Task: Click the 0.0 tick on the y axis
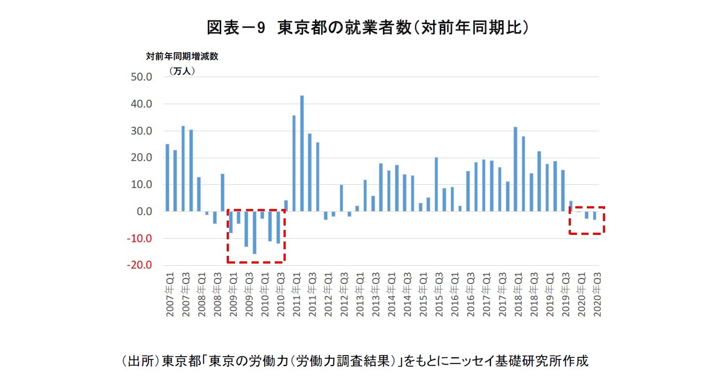[142, 212]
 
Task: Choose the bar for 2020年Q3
[595, 216]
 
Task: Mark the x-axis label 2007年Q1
[170, 298]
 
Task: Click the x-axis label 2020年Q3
[597, 298]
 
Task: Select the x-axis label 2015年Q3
[439, 298]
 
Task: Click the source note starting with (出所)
[354, 362]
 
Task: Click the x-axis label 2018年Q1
[518, 298]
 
